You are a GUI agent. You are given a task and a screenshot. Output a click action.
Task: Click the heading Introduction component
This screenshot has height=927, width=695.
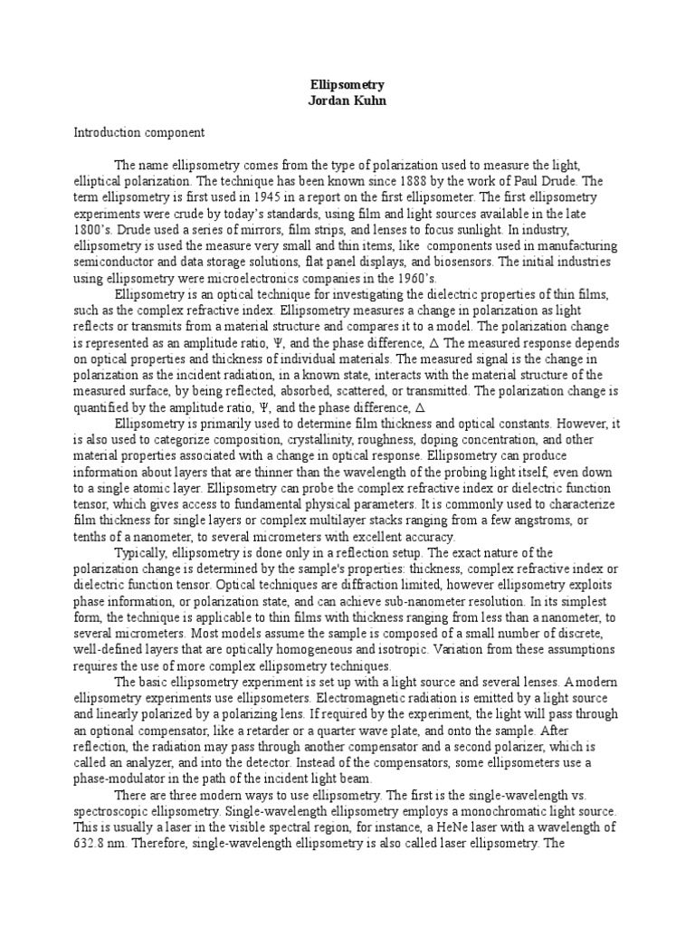coord(139,132)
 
